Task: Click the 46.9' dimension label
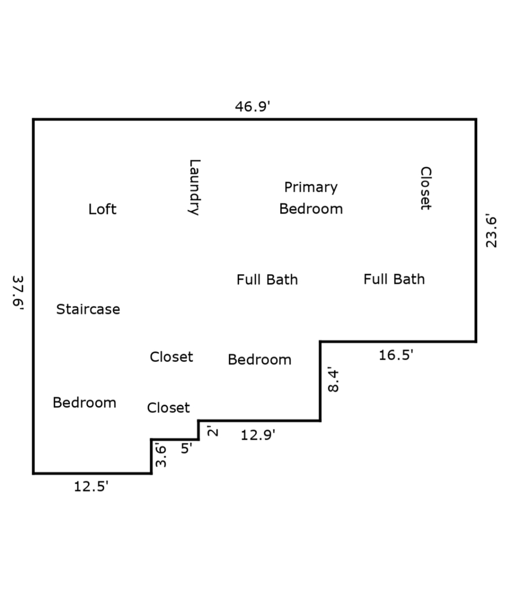coord(252,106)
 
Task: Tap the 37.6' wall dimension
coord(18,293)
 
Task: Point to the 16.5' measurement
coord(396,355)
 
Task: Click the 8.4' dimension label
coord(333,379)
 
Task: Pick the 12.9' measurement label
coord(258,435)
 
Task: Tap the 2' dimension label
coord(212,431)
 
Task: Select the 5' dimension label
coord(186,448)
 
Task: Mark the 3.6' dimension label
coord(161,455)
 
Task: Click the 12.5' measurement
coord(91,486)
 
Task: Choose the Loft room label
coord(102,209)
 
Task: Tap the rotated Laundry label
coord(194,187)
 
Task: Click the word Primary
coord(311,187)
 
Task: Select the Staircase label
coord(88,309)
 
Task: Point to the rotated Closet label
coord(426,188)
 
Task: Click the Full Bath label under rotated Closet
coord(394,279)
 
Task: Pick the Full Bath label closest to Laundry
coord(267,280)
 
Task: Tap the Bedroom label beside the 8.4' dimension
coord(260,360)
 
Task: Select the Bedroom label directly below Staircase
coord(85,403)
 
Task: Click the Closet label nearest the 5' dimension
coord(168,408)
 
